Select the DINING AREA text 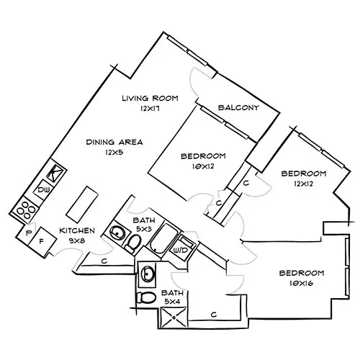[x=114, y=142]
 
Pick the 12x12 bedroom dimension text [x=303, y=184]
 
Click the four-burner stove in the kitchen [x=26, y=210]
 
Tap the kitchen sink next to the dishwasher [x=55, y=174]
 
